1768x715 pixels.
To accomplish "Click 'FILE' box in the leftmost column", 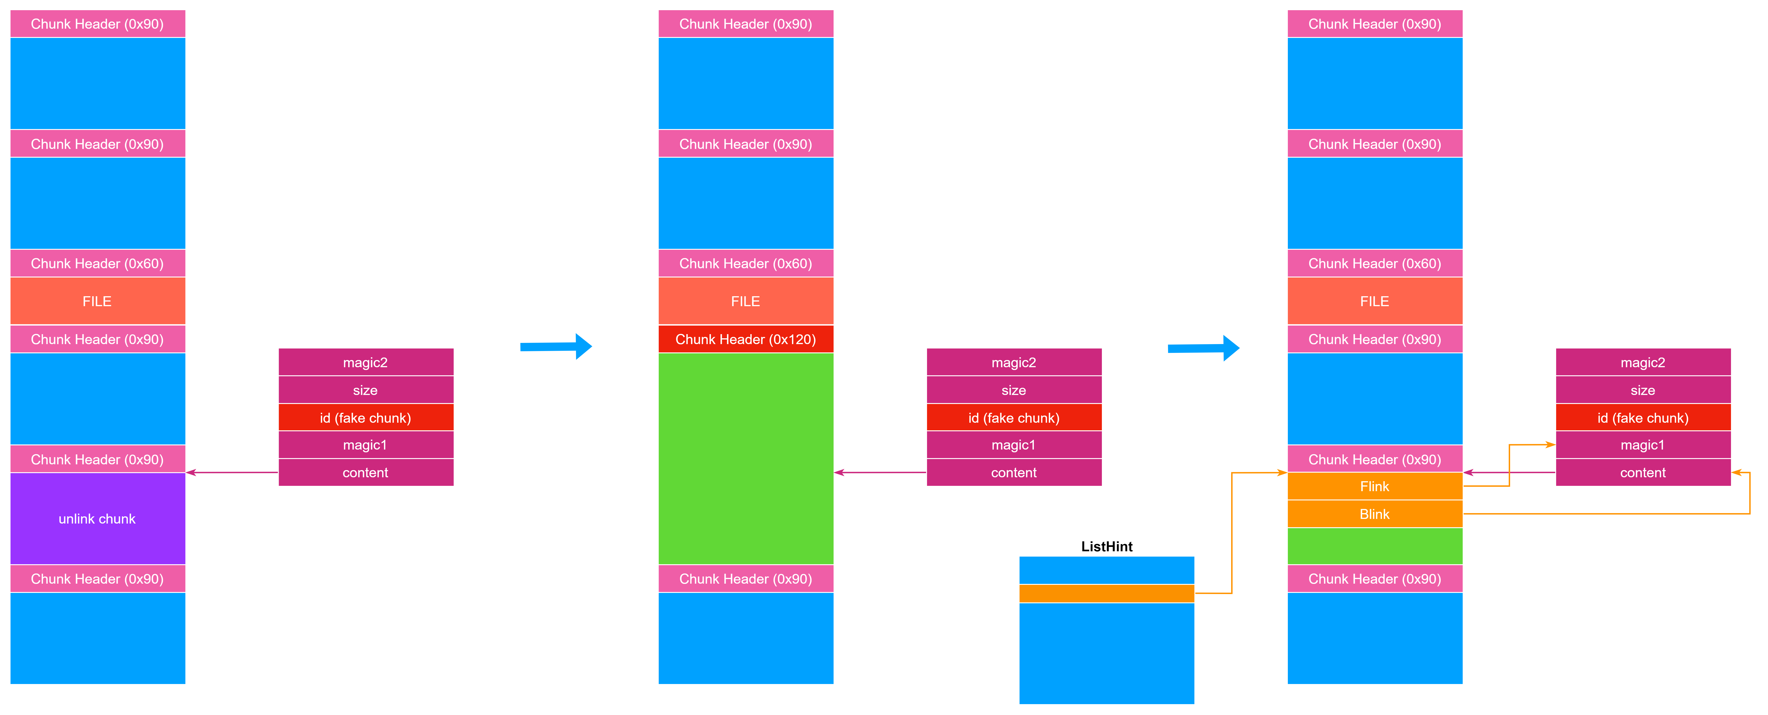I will (97, 301).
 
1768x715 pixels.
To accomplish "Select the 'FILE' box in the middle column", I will (745, 301).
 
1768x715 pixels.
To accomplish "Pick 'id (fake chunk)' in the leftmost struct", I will (366, 418).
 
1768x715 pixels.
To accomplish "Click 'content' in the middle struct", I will (1014, 473).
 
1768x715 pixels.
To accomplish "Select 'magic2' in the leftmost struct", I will (366, 362).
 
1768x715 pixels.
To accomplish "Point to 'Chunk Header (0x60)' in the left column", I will (97, 263).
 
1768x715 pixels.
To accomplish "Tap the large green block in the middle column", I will (745, 458).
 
